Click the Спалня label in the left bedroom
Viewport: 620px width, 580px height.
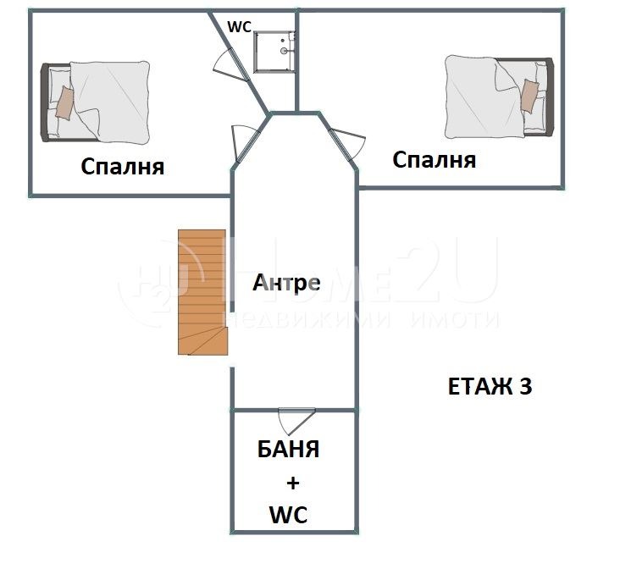click(122, 166)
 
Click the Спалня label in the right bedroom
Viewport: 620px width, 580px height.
click(434, 159)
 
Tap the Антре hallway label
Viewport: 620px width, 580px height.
click(286, 283)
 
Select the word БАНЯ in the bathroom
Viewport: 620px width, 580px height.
click(289, 450)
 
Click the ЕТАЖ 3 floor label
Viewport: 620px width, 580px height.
click(490, 387)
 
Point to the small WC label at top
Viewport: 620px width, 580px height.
click(239, 26)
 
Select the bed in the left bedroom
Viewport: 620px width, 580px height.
click(97, 102)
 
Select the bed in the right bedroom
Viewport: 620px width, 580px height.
click(499, 97)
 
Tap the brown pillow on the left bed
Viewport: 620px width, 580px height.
click(64, 102)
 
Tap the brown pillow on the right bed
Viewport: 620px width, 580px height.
click(529, 95)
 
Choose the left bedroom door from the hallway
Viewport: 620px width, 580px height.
click(241, 142)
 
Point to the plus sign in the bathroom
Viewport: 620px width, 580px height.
click(292, 483)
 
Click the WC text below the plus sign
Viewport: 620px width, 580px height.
click(288, 514)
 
